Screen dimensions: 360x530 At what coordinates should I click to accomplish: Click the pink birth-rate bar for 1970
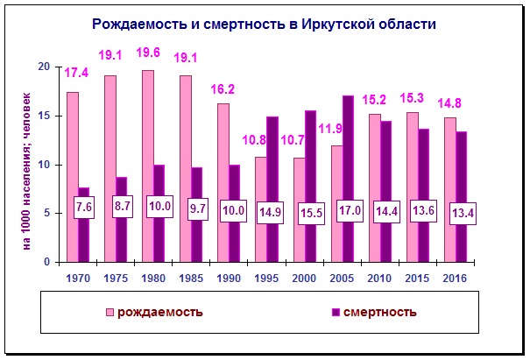pos(72,176)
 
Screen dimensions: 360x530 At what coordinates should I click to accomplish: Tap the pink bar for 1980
pos(147,166)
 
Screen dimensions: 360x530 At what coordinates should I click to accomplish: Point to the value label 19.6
pos(148,52)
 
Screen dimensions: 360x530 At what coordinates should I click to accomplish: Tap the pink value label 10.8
pos(252,139)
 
